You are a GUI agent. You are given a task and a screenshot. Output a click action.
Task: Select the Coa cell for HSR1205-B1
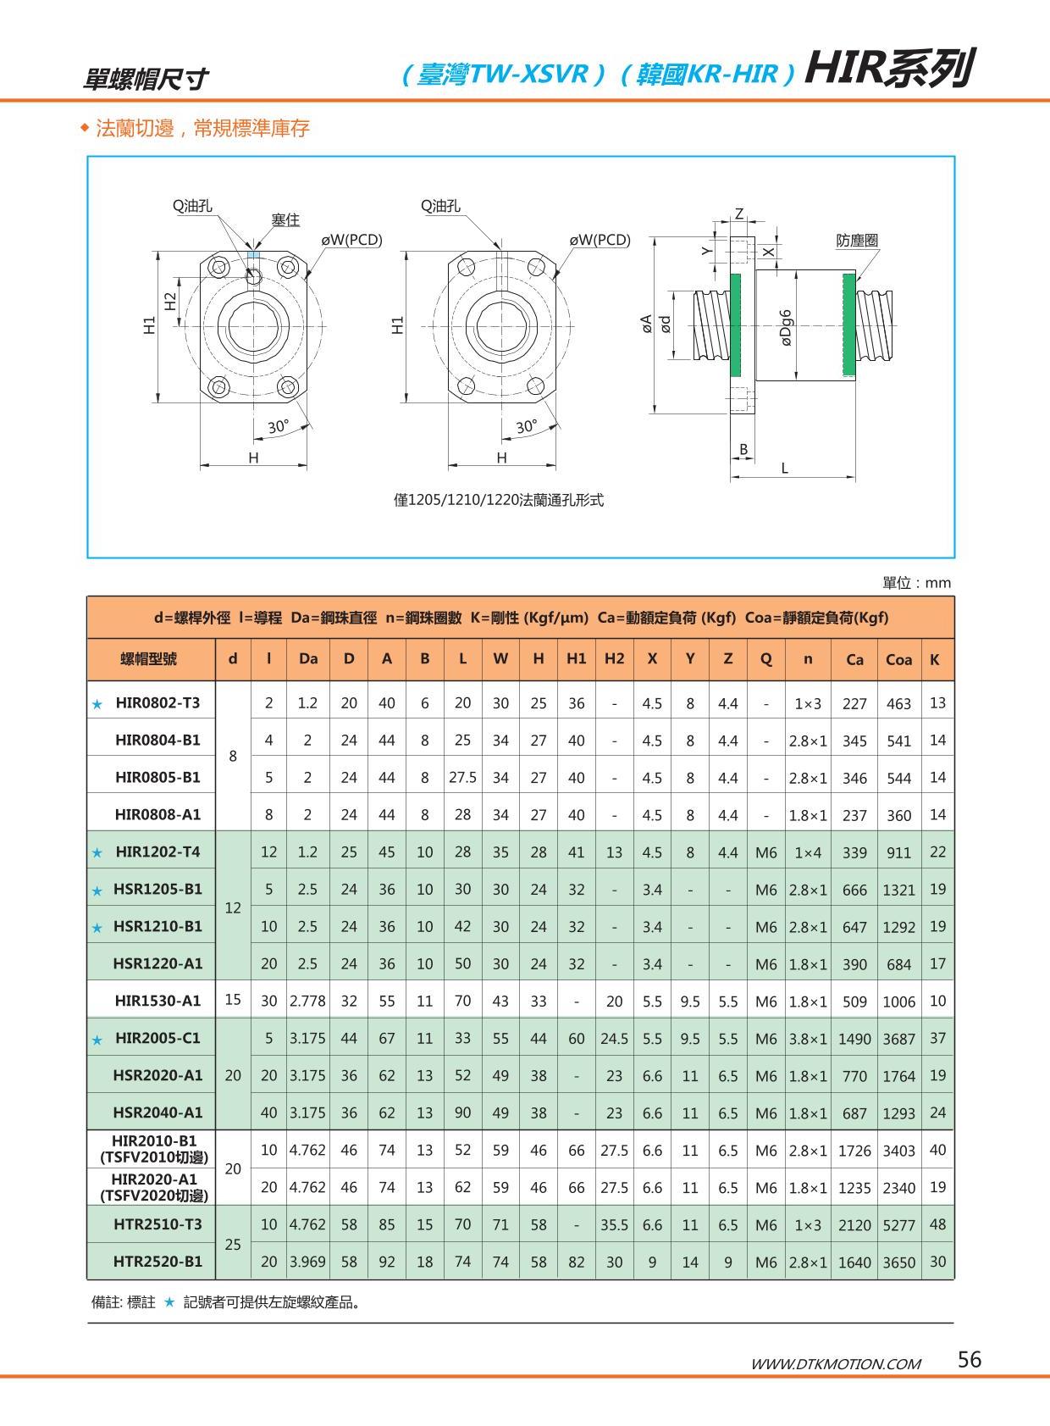click(898, 890)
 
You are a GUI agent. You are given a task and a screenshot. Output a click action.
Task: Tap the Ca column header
click(854, 659)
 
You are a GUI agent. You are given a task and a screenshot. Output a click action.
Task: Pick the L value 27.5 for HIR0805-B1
click(462, 777)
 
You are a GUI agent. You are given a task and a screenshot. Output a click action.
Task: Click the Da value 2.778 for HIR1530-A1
click(307, 1001)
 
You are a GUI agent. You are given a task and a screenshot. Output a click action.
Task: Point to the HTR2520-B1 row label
click(157, 1261)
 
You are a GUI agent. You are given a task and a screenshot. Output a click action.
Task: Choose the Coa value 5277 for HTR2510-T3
click(898, 1224)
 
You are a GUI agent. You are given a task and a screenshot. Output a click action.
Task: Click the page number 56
click(970, 1360)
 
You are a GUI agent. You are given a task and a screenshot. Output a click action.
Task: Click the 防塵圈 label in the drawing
click(857, 241)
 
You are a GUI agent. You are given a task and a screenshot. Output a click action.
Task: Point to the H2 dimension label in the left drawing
click(170, 301)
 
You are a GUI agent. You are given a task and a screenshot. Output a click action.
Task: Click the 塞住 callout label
click(285, 220)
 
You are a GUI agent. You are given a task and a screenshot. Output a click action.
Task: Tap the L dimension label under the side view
click(785, 468)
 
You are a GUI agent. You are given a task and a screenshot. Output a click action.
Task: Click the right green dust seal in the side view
click(848, 325)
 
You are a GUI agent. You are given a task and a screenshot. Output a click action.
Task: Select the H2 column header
click(614, 659)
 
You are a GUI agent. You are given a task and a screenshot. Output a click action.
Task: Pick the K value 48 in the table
click(937, 1224)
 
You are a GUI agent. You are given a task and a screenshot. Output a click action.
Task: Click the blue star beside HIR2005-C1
click(97, 1040)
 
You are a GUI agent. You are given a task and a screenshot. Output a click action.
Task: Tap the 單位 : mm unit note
click(916, 583)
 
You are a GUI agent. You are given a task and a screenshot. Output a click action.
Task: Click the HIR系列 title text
click(889, 69)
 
